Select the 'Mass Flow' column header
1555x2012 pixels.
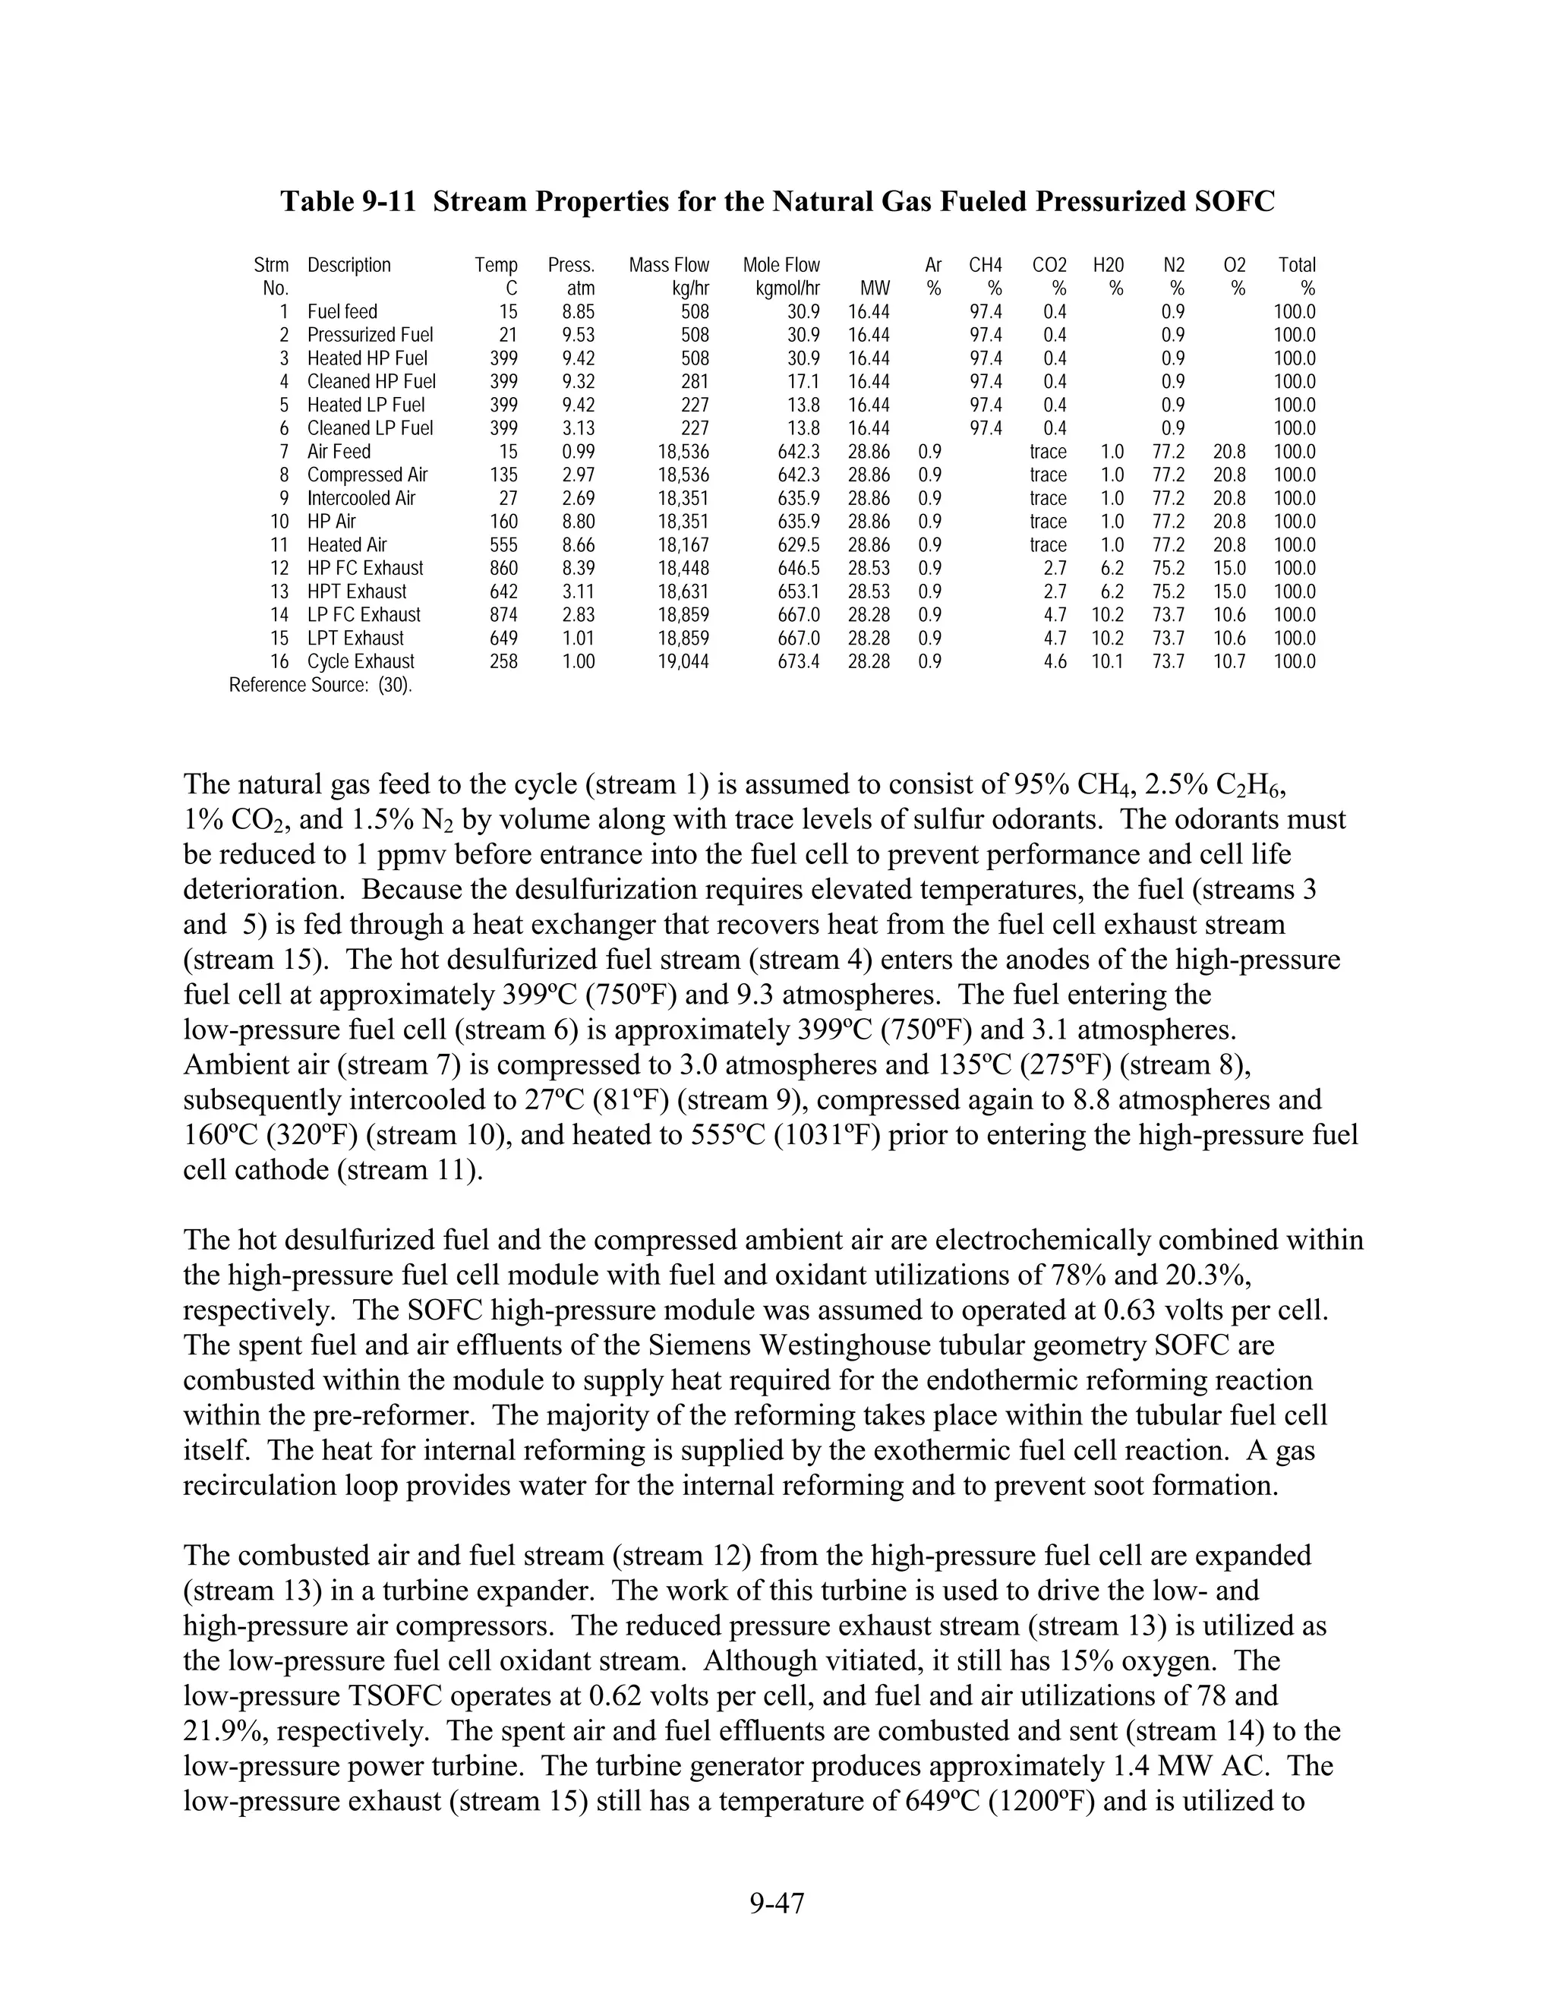669,265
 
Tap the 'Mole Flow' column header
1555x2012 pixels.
781,265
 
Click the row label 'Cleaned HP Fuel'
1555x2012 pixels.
371,381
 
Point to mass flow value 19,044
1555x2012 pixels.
683,661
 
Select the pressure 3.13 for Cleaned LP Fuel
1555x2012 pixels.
579,428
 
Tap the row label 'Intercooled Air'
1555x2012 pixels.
361,498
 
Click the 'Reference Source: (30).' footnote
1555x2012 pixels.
320,686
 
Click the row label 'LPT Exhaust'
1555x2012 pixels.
355,639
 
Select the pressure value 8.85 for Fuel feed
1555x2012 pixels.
579,311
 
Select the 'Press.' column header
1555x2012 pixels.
571,265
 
